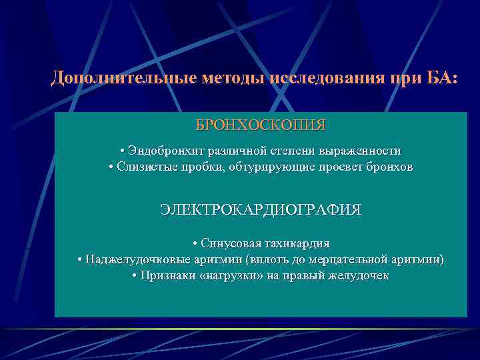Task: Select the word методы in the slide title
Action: tap(233, 79)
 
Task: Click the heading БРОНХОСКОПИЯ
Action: tap(261, 125)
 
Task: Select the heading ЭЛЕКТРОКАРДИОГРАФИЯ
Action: tap(261, 210)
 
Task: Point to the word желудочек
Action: tap(360, 275)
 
